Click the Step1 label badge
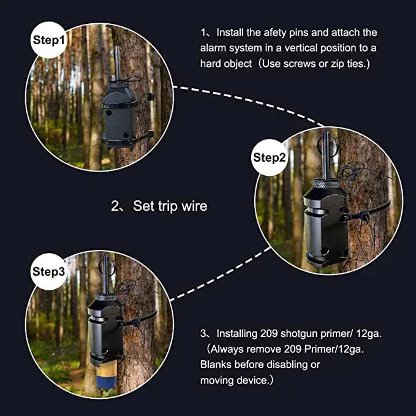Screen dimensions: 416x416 48,40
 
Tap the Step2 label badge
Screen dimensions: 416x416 270,157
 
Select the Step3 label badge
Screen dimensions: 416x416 48,271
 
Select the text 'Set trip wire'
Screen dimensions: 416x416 170,206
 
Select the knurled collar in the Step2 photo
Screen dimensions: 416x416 326,184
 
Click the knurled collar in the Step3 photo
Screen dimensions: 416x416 105,297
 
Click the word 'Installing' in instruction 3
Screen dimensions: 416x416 236,334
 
